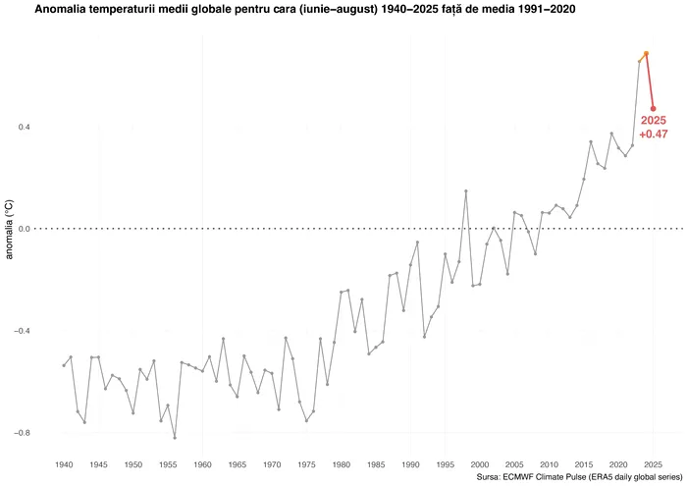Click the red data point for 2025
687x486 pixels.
[x=653, y=109]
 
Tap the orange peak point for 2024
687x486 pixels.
[x=646, y=54]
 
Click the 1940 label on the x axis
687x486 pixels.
[x=64, y=463]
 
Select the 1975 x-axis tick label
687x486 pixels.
[x=306, y=463]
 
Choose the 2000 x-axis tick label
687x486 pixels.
[x=480, y=463]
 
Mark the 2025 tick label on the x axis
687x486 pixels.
[x=653, y=463]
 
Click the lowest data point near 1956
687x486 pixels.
[x=175, y=438]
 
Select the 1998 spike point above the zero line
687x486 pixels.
[x=466, y=190]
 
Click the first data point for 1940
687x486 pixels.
[x=64, y=365]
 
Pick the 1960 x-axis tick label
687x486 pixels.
[x=202, y=463]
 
